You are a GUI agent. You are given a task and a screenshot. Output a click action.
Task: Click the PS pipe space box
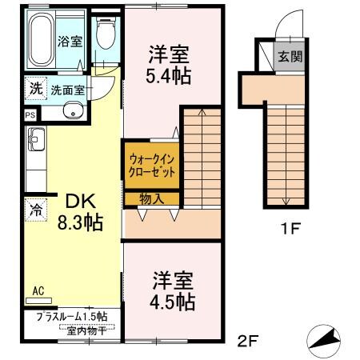click(x=30, y=115)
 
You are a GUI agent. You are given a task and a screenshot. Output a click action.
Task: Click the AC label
click(x=38, y=291)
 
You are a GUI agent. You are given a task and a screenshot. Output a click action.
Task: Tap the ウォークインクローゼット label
click(x=151, y=165)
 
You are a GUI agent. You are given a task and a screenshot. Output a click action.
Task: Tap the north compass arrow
click(x=323, y=342)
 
